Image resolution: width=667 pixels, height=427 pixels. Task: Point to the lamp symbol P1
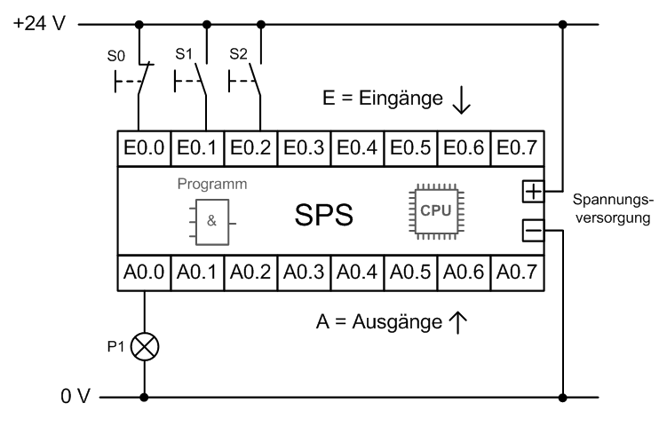click(x=144, y=345)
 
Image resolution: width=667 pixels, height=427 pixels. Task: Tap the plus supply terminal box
click(x=531, y=191)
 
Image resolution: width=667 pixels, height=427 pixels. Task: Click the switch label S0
click(x=116, y=54)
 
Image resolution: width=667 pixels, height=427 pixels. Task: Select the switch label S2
click(x=238, y=54)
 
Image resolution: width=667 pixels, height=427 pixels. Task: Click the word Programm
click(x=211, y=185)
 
